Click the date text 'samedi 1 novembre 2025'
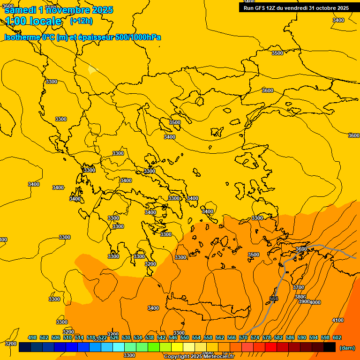pos(59,10)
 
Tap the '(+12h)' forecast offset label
pos(81,21)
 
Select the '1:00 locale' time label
pos(33,21)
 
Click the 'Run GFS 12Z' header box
pos(296,7)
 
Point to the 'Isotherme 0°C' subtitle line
pos(82,37)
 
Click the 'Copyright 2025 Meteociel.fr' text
pos(199,357)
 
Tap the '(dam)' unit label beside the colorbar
pos(347,348)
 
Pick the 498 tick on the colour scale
pos(32,337)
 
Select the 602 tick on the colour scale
pos(337,337)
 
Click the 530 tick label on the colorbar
pos(126,337)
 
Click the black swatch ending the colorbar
pos(330,347)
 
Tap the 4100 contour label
pos(337,320)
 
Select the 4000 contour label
pos(315,302)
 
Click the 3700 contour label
pos(298,287)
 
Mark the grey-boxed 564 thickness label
pos(274,299)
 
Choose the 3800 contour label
pos(300,297)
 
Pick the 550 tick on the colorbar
pos(185,337)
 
